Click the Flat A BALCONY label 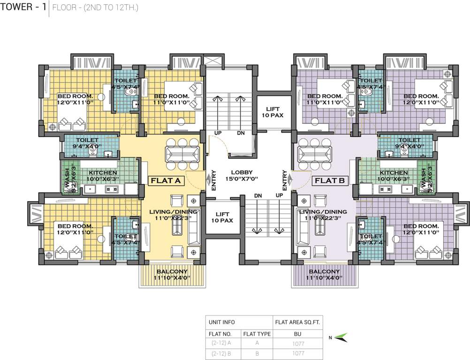coord(172,275)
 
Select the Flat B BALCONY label coord(325,275)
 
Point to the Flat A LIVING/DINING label coord(174,215)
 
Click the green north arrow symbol coord(341,337)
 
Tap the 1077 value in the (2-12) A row coord(298,344)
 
